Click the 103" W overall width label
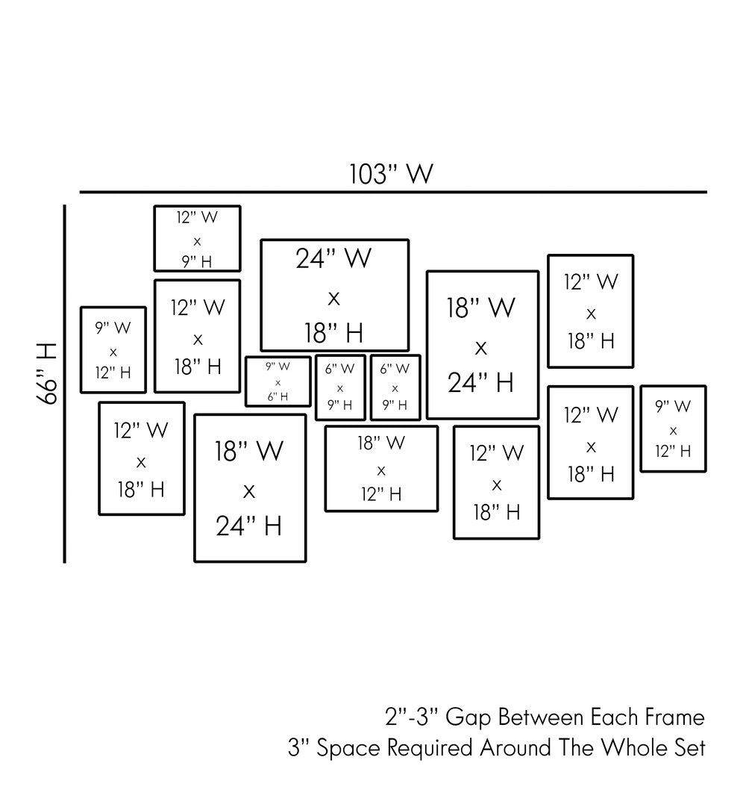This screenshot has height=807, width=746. point(391,174)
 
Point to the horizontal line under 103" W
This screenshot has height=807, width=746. point(393,192)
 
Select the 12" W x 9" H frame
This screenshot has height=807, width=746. point(197,239)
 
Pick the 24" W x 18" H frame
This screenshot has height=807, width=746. point(334,296)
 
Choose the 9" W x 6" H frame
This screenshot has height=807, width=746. point(278,381)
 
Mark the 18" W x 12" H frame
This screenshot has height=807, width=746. point(381,469)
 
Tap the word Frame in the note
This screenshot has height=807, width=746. point(674,718)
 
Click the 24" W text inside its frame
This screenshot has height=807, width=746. point(333,258)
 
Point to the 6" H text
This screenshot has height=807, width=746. point(278,396)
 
